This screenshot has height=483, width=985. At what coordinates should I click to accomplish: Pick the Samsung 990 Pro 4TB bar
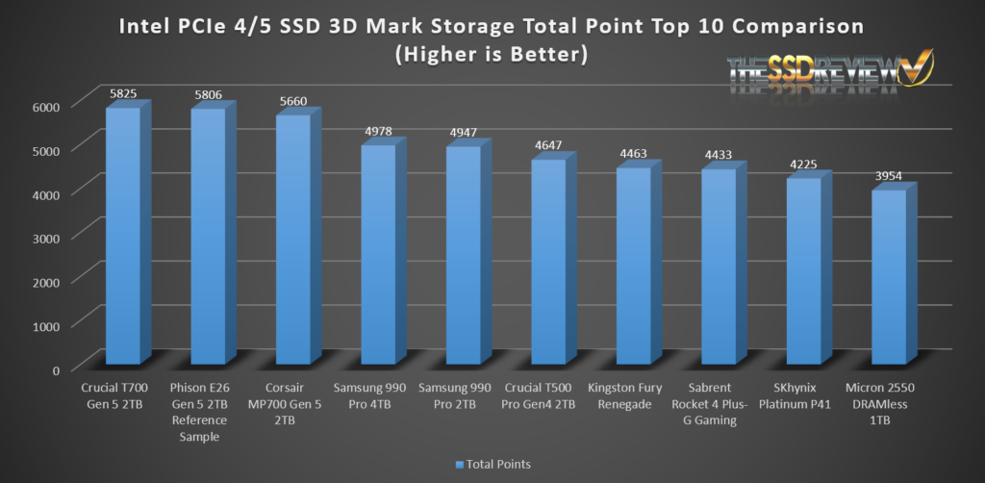(x=377, y=255)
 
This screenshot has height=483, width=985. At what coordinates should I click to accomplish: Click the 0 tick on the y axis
(x=56, y=369)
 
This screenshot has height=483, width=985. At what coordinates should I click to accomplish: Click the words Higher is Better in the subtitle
(x=492, y=54)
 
